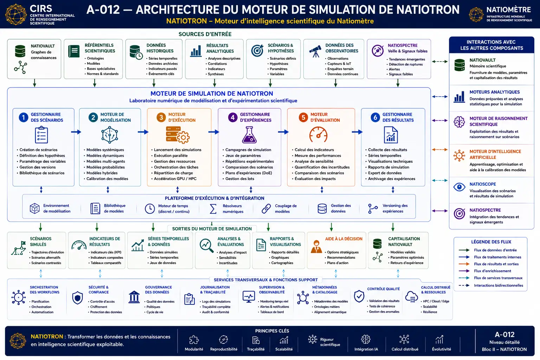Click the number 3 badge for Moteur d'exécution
[x=161, y=117]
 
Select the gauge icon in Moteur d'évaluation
[x=318, y=135]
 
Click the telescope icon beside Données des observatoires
[x=315, y=51]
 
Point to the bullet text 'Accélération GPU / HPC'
[x=175, y=179]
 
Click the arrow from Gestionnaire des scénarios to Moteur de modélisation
[x=76, y=132]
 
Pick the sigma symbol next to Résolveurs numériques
[x=213, y=209]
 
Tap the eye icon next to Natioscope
[x=459, y=187]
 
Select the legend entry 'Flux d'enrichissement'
[x=493, y=271]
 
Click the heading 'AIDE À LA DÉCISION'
[x=343, y=239]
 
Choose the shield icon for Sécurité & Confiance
[x=77, y=298]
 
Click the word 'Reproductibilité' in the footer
[x=224, y=349]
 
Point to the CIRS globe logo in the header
[x=16, y=14]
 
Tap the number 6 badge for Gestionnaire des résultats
[x=375, y=117]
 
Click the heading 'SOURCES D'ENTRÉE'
[x=205, y=34]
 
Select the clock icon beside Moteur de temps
[x=150, y=208]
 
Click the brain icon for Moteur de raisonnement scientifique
[x=459, y=122]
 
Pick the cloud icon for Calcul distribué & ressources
[x=412, y=296]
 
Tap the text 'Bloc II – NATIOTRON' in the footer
[x=504, y=349]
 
